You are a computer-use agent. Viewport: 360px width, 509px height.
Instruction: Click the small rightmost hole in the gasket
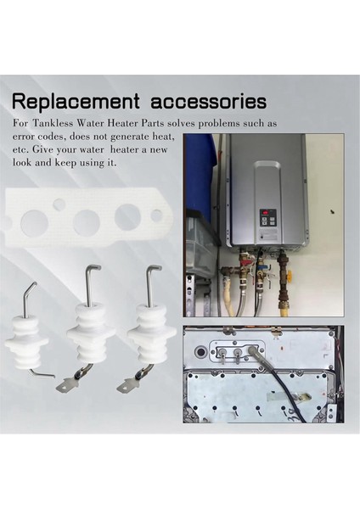point(157,215)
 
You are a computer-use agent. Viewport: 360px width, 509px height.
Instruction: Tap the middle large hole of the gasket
point(87,223)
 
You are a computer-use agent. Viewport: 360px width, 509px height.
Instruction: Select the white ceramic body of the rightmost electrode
point(149,339)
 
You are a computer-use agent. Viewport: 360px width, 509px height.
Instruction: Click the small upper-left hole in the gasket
point(59,204)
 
